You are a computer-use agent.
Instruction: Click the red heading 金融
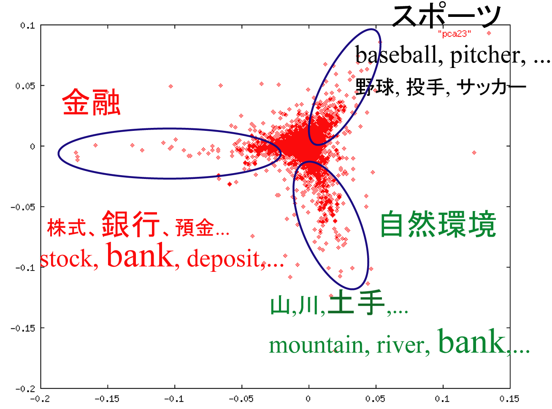[91, 102]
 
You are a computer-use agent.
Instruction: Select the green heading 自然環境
[438, 224]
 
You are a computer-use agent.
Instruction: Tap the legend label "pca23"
[454, 34]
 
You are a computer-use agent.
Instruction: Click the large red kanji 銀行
[130, 224]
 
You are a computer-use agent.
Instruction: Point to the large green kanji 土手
[356, 303]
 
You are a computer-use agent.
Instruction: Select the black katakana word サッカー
[492, 87]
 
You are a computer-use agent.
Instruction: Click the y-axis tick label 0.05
[25, 86]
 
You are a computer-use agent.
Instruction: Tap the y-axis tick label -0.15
[23, 328]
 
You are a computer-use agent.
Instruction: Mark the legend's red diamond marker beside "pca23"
[489, 33]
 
